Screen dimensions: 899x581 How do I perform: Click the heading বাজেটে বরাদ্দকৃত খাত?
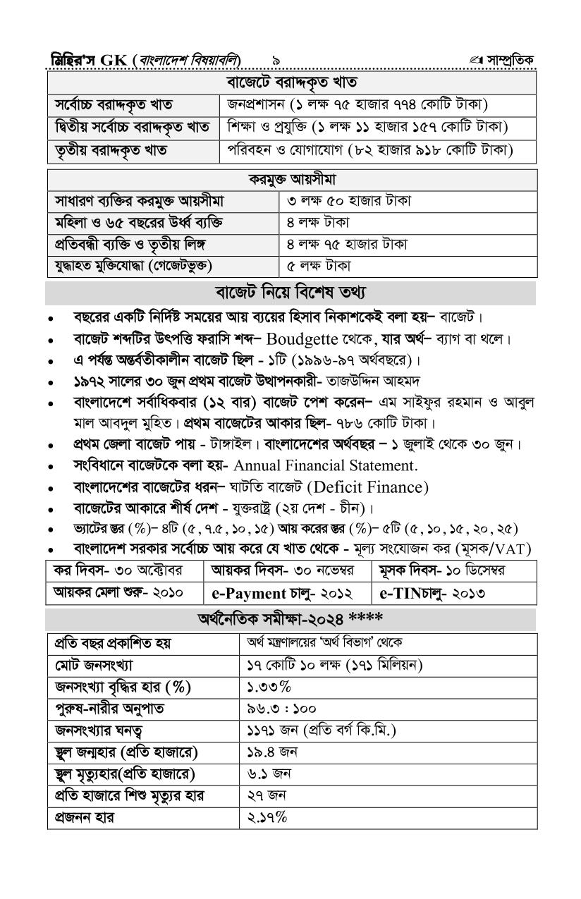[291, 83]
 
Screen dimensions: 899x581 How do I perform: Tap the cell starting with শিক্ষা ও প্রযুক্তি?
[367, 128]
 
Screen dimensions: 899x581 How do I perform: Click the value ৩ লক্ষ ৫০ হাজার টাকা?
[350, 201]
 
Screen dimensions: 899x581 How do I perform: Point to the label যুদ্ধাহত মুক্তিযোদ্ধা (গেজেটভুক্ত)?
[134, 266]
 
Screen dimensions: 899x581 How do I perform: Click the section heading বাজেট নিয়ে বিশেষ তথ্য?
[290, 292]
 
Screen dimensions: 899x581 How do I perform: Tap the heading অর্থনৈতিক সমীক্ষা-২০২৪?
[290, 619]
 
